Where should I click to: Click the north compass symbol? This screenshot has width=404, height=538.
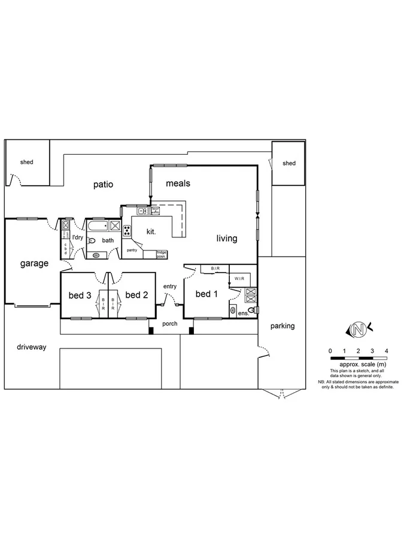pyautogui.click(x=359, y=328)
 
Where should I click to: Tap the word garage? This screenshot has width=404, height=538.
pyautogui.click(x=34, y=263)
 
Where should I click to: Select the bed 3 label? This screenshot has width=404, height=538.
pyautogui.click(x=80, y=295)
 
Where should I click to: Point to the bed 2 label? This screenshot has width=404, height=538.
pyautogui.click(x=136, y=295)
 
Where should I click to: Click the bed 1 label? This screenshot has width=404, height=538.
pyautogui.click(x=206, y=294)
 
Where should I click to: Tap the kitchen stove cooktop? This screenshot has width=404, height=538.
pyautogui.click(x=127, y=231)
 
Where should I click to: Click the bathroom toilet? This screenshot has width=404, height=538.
pyautogui.click(x=91, y=240)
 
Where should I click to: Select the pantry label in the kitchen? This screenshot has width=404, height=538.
pyautogui.click(x=132, y=250)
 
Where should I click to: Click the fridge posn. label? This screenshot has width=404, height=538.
pyautogui.click(x=162, y=253)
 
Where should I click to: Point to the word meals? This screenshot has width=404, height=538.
pyautogui.click(x=178, y=184)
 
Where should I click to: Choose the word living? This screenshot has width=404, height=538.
pyautogui.click(x=227, y=239)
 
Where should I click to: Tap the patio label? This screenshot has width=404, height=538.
pyautogui.click(x=103, y=185)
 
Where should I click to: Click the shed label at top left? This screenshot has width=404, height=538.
pyautogui.click(x=26, y=162)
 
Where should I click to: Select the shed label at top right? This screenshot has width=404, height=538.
pyautogui.click(x=289, y=163)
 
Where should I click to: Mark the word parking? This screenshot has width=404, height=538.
pyautogui.click(x=282, y=326)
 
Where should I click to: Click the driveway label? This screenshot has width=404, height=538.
pyautogui.click(x=31, y=347)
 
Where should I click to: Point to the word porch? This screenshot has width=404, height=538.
pyautogui.click(x=170, y=325)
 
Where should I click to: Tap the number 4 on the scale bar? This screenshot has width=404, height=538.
pyautogui.click(x=387, y=351)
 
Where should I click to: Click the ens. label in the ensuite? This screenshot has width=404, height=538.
pyautogui.click(x=243, y=313)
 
